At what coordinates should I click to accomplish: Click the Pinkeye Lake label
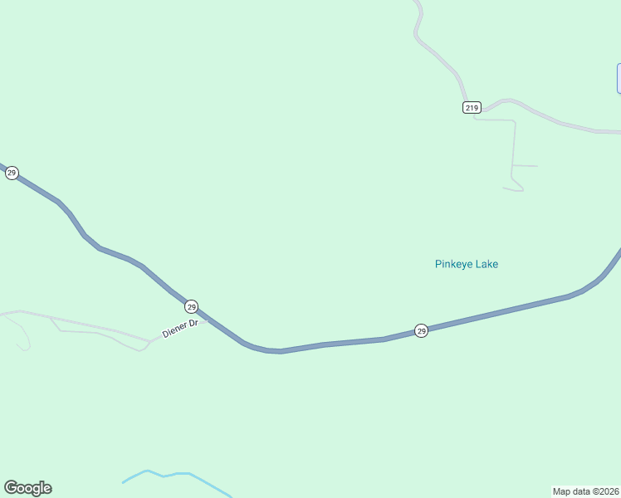[x=466, y=264]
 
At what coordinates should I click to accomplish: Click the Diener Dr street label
[x=180, y=329]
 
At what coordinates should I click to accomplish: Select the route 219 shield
[x=472, y=108]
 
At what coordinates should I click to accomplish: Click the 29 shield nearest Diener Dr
[x=191, y=305]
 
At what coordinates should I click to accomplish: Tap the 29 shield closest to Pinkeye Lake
[x=421, y=330]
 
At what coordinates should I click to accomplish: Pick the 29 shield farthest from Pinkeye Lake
[x=11, y=173]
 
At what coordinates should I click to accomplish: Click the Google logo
[x=27, y=488]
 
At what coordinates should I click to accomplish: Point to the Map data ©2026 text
[x=585, y=491]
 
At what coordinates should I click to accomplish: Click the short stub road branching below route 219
[x=525, y=166]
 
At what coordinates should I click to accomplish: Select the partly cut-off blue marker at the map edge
[x=619, y=78]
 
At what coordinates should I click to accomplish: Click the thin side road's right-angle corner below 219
[x=514, y=121]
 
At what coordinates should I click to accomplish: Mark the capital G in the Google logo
[x=11, y=488]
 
